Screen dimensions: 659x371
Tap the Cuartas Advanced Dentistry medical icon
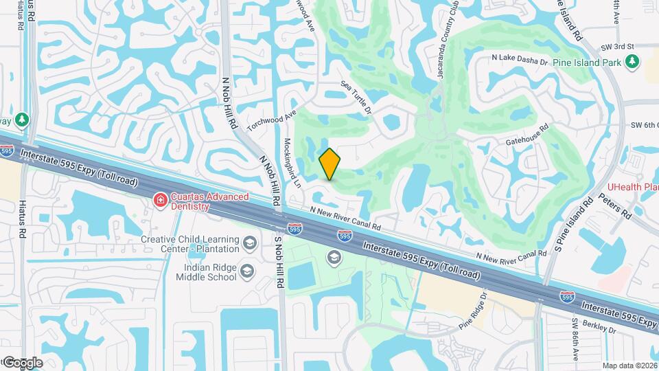pos(161,200)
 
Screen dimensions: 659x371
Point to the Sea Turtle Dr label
pos(357,97)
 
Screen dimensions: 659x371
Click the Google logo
pos(22,363)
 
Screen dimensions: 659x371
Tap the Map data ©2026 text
pos(629,366)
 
